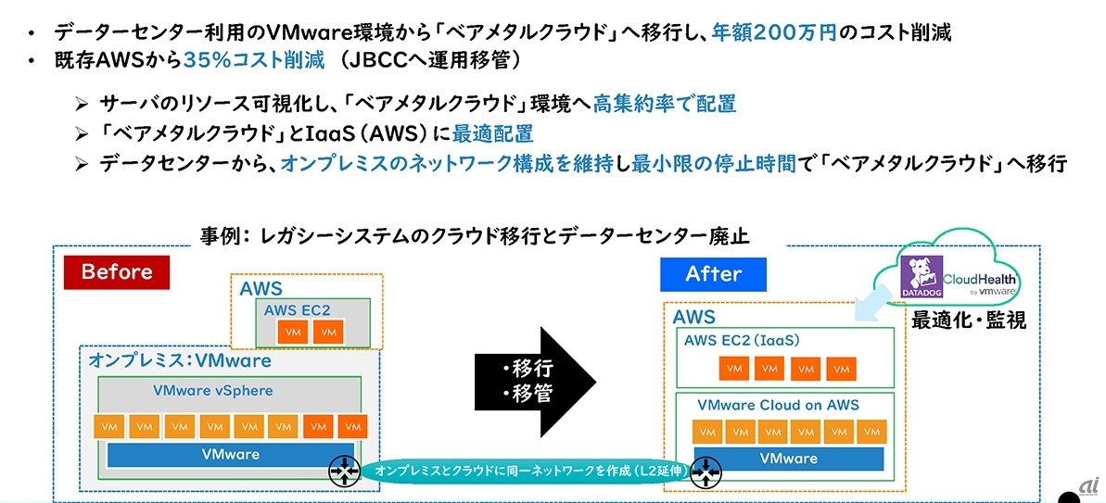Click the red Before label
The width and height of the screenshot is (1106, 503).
point(116,272)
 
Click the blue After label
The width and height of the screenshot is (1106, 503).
point(713,274)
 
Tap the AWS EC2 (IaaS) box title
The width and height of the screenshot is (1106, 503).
point(742,340)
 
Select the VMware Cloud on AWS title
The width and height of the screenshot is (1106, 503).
point(778,405)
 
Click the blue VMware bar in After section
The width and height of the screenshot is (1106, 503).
point(788,459)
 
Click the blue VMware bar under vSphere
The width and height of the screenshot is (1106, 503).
point(231,455)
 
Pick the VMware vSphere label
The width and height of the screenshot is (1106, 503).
point(213,390)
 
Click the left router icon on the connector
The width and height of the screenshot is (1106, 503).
point(344,471)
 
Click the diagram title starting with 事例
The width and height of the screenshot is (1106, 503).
point(475,237)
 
